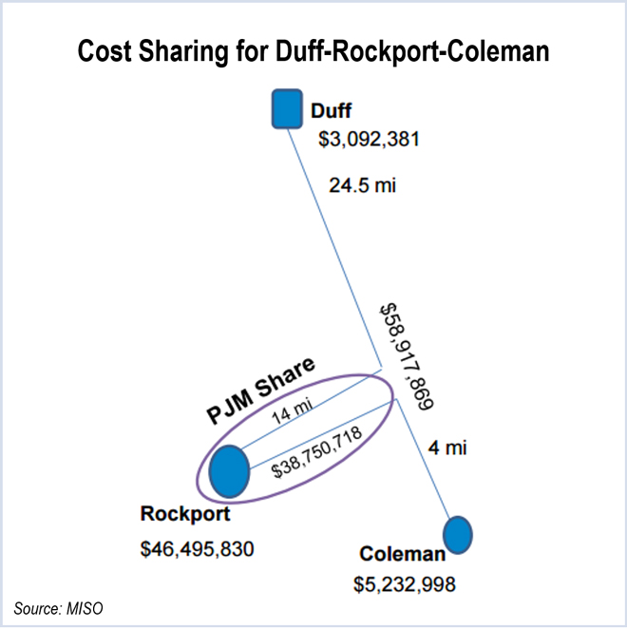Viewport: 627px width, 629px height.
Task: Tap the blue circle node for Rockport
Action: pyautogui.click(x=229, y=471)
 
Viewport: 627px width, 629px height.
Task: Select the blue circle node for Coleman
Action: pyautogui.click(x=458, y=534)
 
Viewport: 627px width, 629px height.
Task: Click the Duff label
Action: pyautogui.click(x=332, y=110)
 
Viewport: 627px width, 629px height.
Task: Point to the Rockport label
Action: pyautogui.click(x=186, y=514)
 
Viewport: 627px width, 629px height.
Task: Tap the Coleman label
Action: pyautogui.click(x=402, y=555)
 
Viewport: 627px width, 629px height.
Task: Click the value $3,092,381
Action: pyautogui.click(x=370, y=140)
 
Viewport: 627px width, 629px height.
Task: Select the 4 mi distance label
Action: pyautogui.click(x=446, y=448)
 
